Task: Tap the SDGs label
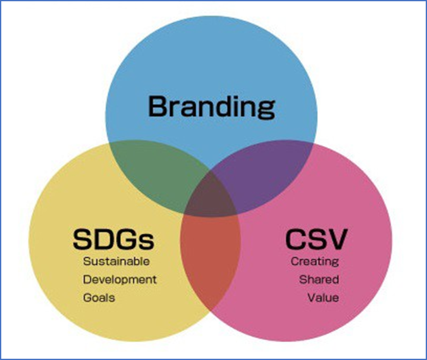(113, 239)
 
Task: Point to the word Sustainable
(116, 262)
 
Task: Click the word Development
(120, 279)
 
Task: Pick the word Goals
(99, 298)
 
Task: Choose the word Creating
(314, 262)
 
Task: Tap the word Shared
(319, 279)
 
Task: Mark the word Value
(323, 298)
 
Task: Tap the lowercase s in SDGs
(147, 241)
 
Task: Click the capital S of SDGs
(82, 239)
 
